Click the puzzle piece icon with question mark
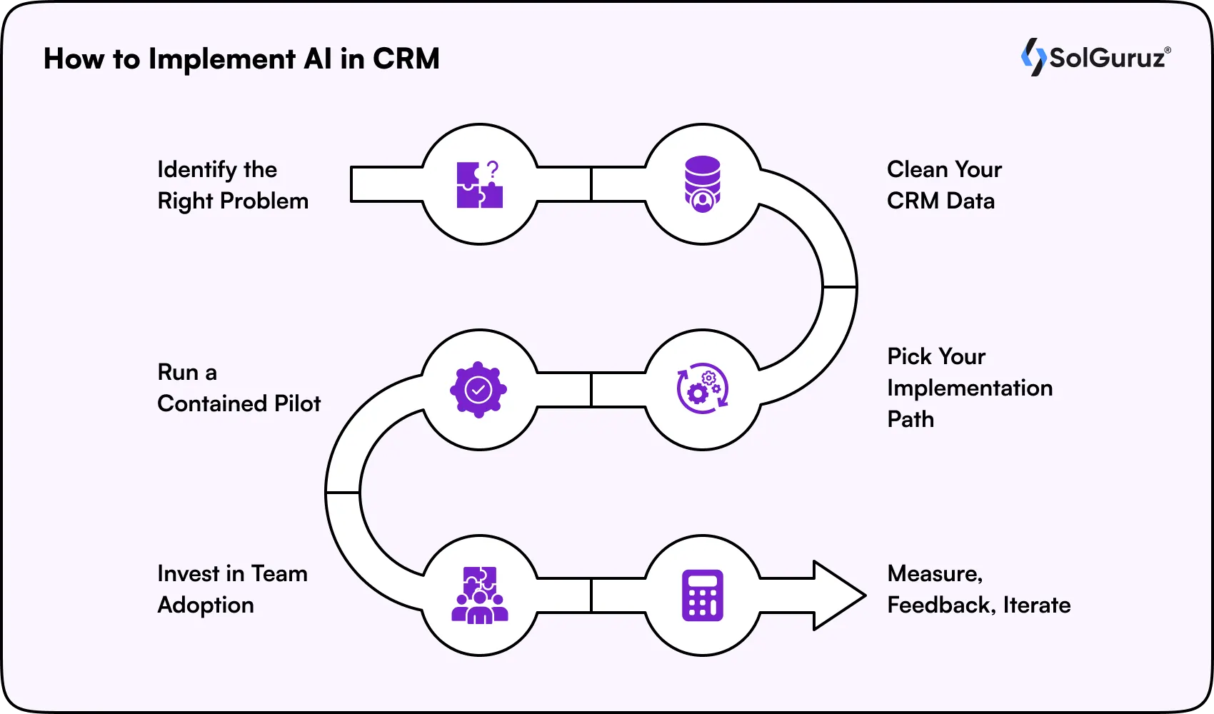click(479, 185)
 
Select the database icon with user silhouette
click(703, 184)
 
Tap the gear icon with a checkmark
click(478, 390)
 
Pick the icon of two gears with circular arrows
click(703, 389)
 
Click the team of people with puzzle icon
click(480, 595)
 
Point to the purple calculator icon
click(703, 595)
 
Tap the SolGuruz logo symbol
click(1033, 57)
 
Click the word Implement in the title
click(222, 59)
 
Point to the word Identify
click(196, 170)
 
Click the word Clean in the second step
click(917, 170)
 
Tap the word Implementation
click(969, 388)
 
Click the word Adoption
click(206, 605)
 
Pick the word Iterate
click(1036, 605)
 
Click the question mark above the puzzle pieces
click(492, 169)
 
